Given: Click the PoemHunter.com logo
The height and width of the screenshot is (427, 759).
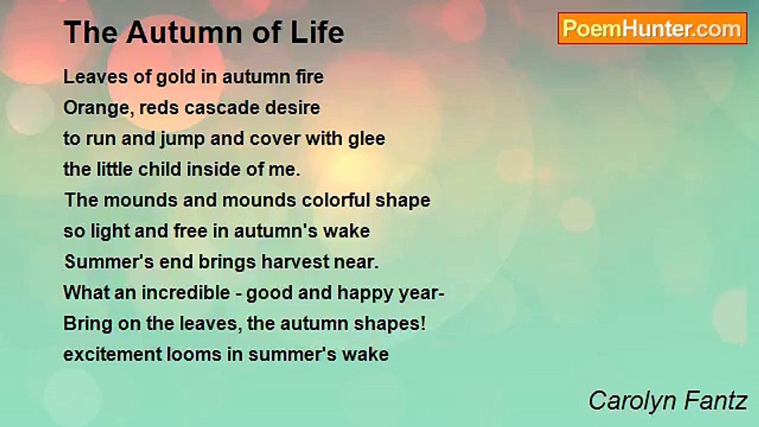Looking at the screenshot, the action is point(652,28).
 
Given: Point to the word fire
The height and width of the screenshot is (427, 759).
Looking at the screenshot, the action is point(310,77).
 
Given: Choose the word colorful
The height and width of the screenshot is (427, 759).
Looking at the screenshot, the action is point(336,200).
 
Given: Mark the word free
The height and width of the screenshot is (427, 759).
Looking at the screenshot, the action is point(190,231).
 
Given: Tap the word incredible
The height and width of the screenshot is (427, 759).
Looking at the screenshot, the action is point(186,292).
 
